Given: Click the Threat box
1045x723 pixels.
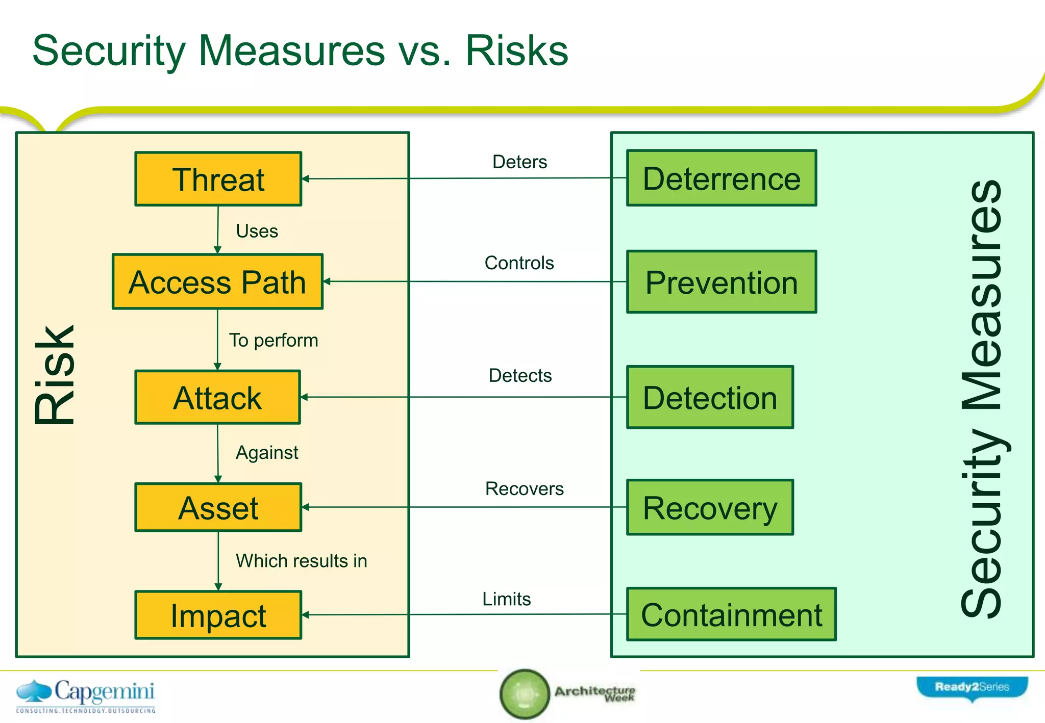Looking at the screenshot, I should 218,179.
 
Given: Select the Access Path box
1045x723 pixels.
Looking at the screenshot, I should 217,281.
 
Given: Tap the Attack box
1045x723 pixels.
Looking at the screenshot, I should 217,397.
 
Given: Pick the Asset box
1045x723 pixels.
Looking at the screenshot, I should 218,507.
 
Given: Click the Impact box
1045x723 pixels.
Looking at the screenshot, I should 218,615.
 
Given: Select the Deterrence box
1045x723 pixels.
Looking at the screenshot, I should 721,178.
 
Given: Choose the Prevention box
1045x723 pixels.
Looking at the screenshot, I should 721,282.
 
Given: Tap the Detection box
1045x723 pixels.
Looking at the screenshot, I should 710,397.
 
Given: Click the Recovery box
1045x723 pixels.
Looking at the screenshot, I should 710,507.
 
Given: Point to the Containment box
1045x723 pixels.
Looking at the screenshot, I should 731,614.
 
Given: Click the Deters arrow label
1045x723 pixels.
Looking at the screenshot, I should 519,162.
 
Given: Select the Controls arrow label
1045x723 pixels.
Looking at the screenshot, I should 519,263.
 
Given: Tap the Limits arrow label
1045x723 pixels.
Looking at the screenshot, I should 506,599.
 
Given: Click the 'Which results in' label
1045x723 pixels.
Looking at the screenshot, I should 301,561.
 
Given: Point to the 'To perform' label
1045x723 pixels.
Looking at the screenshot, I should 273,340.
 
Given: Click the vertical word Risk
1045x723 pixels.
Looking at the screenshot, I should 55,375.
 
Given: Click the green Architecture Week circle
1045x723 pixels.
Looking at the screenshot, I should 524,694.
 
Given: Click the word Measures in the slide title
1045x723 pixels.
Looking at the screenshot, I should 291,50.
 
